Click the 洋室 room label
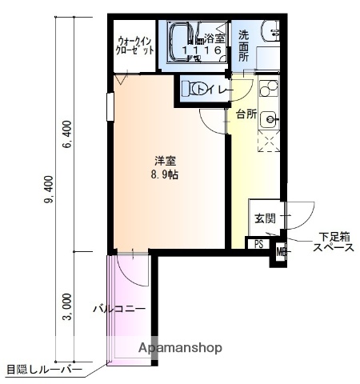click(x=166, y=161)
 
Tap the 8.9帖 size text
click(x=166, y=174)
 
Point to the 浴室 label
click(x=214, y=38)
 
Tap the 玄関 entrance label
click(x=265, y=218)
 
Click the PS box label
click(x=258, y=244)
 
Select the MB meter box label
click(x=280, y=254)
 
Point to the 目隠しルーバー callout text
click(x=43, y=370)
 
